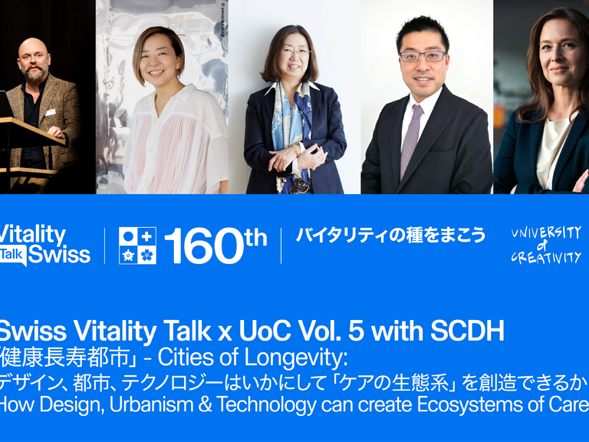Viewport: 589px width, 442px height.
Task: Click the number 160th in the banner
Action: pos(215,246)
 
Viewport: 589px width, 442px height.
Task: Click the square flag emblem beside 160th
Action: pos(137,246)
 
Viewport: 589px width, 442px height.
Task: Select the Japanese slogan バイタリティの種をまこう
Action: pos(391,236)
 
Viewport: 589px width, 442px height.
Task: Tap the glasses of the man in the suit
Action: pos(423,56)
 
